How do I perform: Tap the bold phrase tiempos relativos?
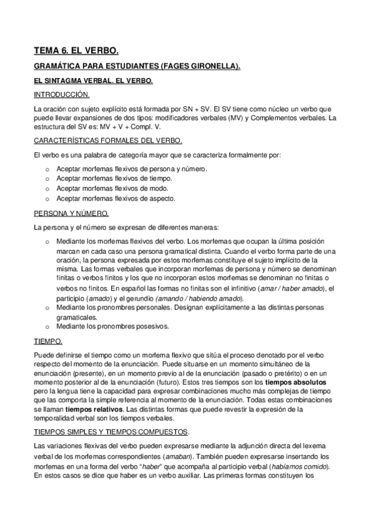tap(78, 409)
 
